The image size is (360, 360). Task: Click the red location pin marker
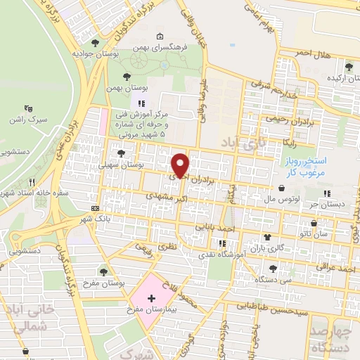point(180,165)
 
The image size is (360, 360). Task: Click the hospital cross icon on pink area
point(151,299)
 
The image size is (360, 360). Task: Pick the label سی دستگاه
point(273,280)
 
